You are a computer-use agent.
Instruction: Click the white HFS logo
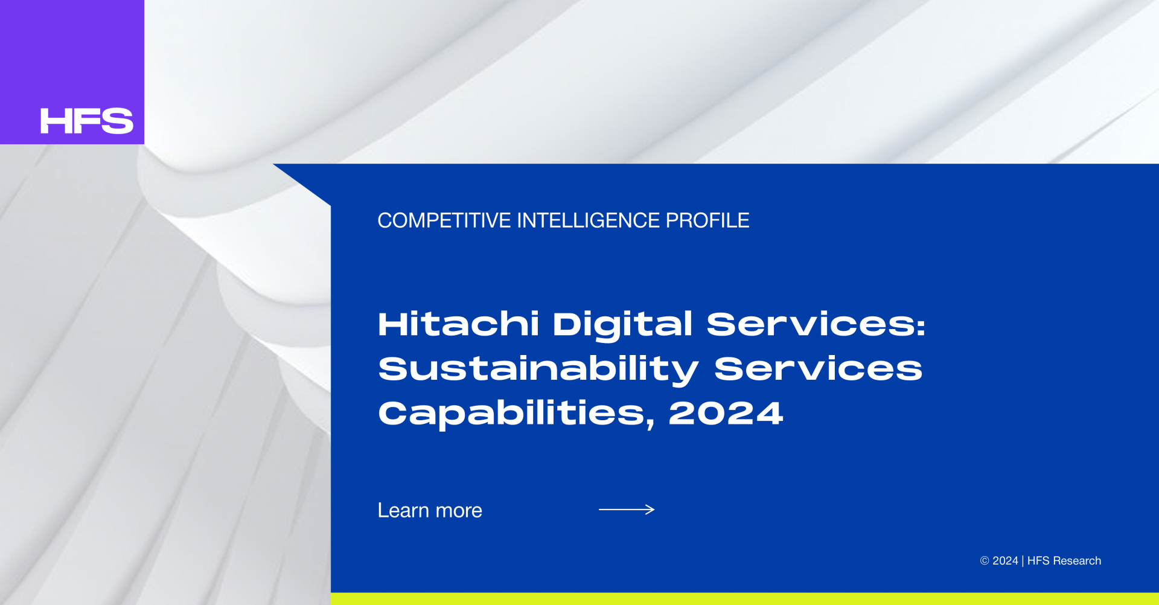pyautogui.click(x=87, y=121)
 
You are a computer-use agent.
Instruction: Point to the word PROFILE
pyautogui.click(x=707, y=220)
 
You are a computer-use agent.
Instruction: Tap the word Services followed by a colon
pyautogui.click(x=816, y=324)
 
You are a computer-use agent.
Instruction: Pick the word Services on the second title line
pyautogui.click(x=818, y=368)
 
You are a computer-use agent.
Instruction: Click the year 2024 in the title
pyautogui.click(x=726, y=413)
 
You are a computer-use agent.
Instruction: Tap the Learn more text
pyautogui.click(x=430, y=510)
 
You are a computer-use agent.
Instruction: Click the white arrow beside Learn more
pyautogui.click(x=627, y=510)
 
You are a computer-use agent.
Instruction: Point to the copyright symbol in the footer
pyautogui.click(x=985, y=561)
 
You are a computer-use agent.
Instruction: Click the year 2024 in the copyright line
pyautogui.click(x=1005, y=561)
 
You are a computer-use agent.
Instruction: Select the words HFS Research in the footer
pyautogui.click(x=1064, y=561)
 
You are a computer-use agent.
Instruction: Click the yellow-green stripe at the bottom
pyautogui.click(x=745, y=598)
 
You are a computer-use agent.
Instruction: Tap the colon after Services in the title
pyautogui.click(x=921, y=327)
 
